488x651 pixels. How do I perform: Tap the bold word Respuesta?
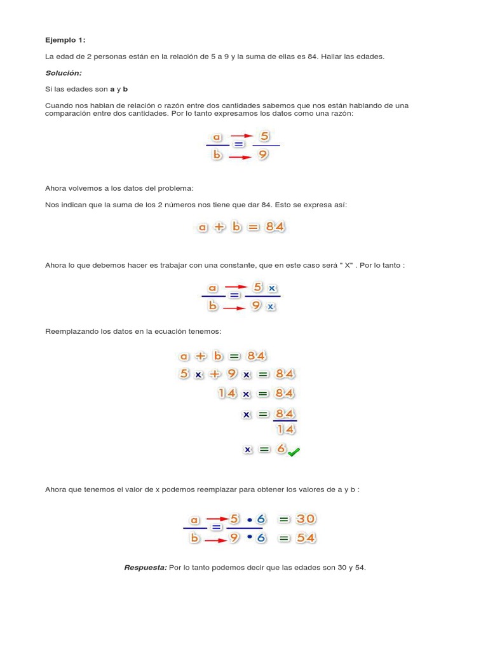coord(146,567)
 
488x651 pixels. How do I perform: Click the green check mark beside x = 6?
coord(294,452)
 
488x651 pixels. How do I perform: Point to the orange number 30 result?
coord(302,519)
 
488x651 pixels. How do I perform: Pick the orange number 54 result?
coord(302,538)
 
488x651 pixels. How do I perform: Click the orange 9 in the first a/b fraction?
coord(262,154)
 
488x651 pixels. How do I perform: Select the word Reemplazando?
coord(72,331)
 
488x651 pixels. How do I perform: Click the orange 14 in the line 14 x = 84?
coord(227,394)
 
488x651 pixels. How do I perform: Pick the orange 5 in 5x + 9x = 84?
coord(184,374)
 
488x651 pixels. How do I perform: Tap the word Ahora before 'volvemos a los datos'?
coord(56,188)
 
